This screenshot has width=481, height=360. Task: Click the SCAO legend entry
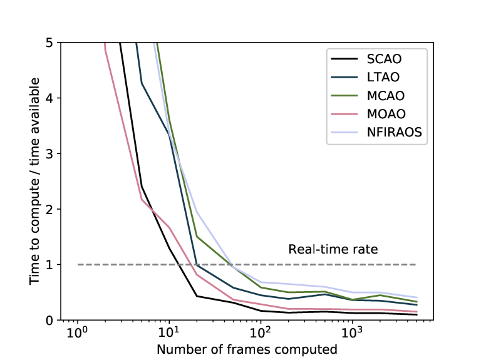384,59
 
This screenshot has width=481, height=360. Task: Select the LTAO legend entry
383,77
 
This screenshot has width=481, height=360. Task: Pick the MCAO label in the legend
386,96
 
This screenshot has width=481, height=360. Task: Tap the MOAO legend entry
386,114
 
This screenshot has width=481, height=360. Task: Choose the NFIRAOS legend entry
395,133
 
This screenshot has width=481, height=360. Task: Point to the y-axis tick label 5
49,43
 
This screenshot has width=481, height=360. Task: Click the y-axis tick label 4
49,98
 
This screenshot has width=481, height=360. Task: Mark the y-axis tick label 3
49,154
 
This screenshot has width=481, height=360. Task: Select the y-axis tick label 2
49,210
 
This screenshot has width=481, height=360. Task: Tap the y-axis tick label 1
49,265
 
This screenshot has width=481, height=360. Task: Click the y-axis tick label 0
49,321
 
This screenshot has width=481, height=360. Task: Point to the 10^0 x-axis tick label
77,332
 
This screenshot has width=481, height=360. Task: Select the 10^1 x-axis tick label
169,332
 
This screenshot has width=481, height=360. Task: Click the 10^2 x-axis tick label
261,332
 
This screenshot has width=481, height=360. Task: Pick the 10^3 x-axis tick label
353,332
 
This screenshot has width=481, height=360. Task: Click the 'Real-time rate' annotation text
333,249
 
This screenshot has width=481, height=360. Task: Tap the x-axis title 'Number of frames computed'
247,349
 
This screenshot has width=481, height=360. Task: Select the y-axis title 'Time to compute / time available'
34,181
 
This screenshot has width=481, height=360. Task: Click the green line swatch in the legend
344,96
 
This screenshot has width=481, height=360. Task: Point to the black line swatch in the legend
344,59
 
